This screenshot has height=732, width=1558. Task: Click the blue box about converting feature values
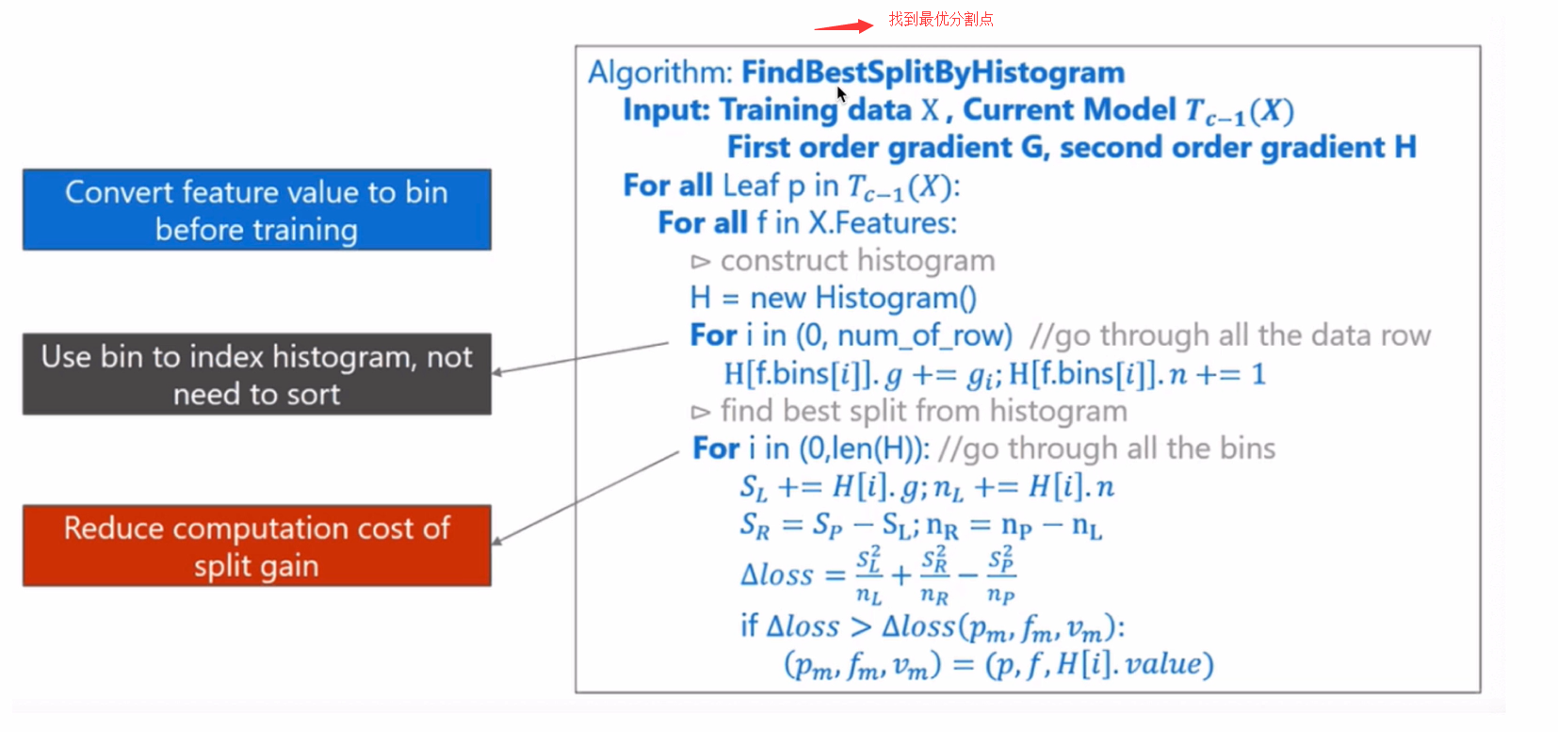click(x=256, y=209)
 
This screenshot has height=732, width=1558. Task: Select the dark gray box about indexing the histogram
click(x=256, y=374)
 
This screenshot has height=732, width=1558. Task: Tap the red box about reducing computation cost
click(x=256, y=546)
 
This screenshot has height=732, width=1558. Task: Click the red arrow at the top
click(x=844, y=26)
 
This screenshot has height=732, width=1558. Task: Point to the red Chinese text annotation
click(x=941, y=19)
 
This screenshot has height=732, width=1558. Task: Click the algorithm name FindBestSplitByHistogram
click(x=933, y=73)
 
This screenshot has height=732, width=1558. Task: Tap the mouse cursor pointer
click(x=841, y=94)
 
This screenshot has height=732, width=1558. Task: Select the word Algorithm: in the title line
click(x=660, y=73)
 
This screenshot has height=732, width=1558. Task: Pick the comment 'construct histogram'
click(x=857, y=261)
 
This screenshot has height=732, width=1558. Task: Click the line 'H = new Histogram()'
click(x=834, y=298)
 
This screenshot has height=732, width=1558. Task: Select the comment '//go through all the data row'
click(x=1230, y=335)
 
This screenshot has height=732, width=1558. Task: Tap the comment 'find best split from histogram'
click(x=924, y=411)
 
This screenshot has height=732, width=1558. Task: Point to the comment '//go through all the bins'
click(x=1107, y=448)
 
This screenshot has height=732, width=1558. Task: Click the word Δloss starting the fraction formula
click(x=777, y=576)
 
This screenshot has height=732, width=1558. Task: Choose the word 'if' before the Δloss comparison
click(x=749, y=626)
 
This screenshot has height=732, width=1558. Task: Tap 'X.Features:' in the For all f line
click(x=882, y=223)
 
